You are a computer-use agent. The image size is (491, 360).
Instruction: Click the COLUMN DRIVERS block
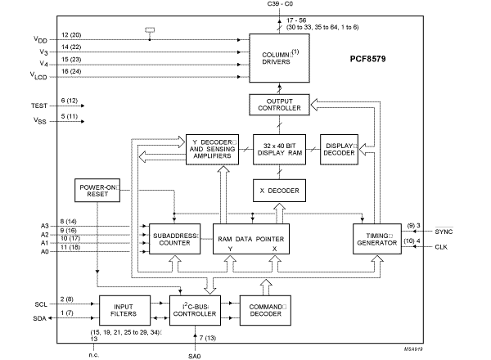[281, 56]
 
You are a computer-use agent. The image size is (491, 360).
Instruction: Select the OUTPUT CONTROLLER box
[281, 105]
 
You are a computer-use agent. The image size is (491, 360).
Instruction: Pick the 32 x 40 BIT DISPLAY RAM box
[281, 147]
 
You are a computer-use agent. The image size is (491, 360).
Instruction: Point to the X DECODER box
[281, 191]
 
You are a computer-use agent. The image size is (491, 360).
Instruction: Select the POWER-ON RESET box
[97, 191]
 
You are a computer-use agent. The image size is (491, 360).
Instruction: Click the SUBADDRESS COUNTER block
[173, 239]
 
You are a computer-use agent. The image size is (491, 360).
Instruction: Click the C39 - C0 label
[281, 5]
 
